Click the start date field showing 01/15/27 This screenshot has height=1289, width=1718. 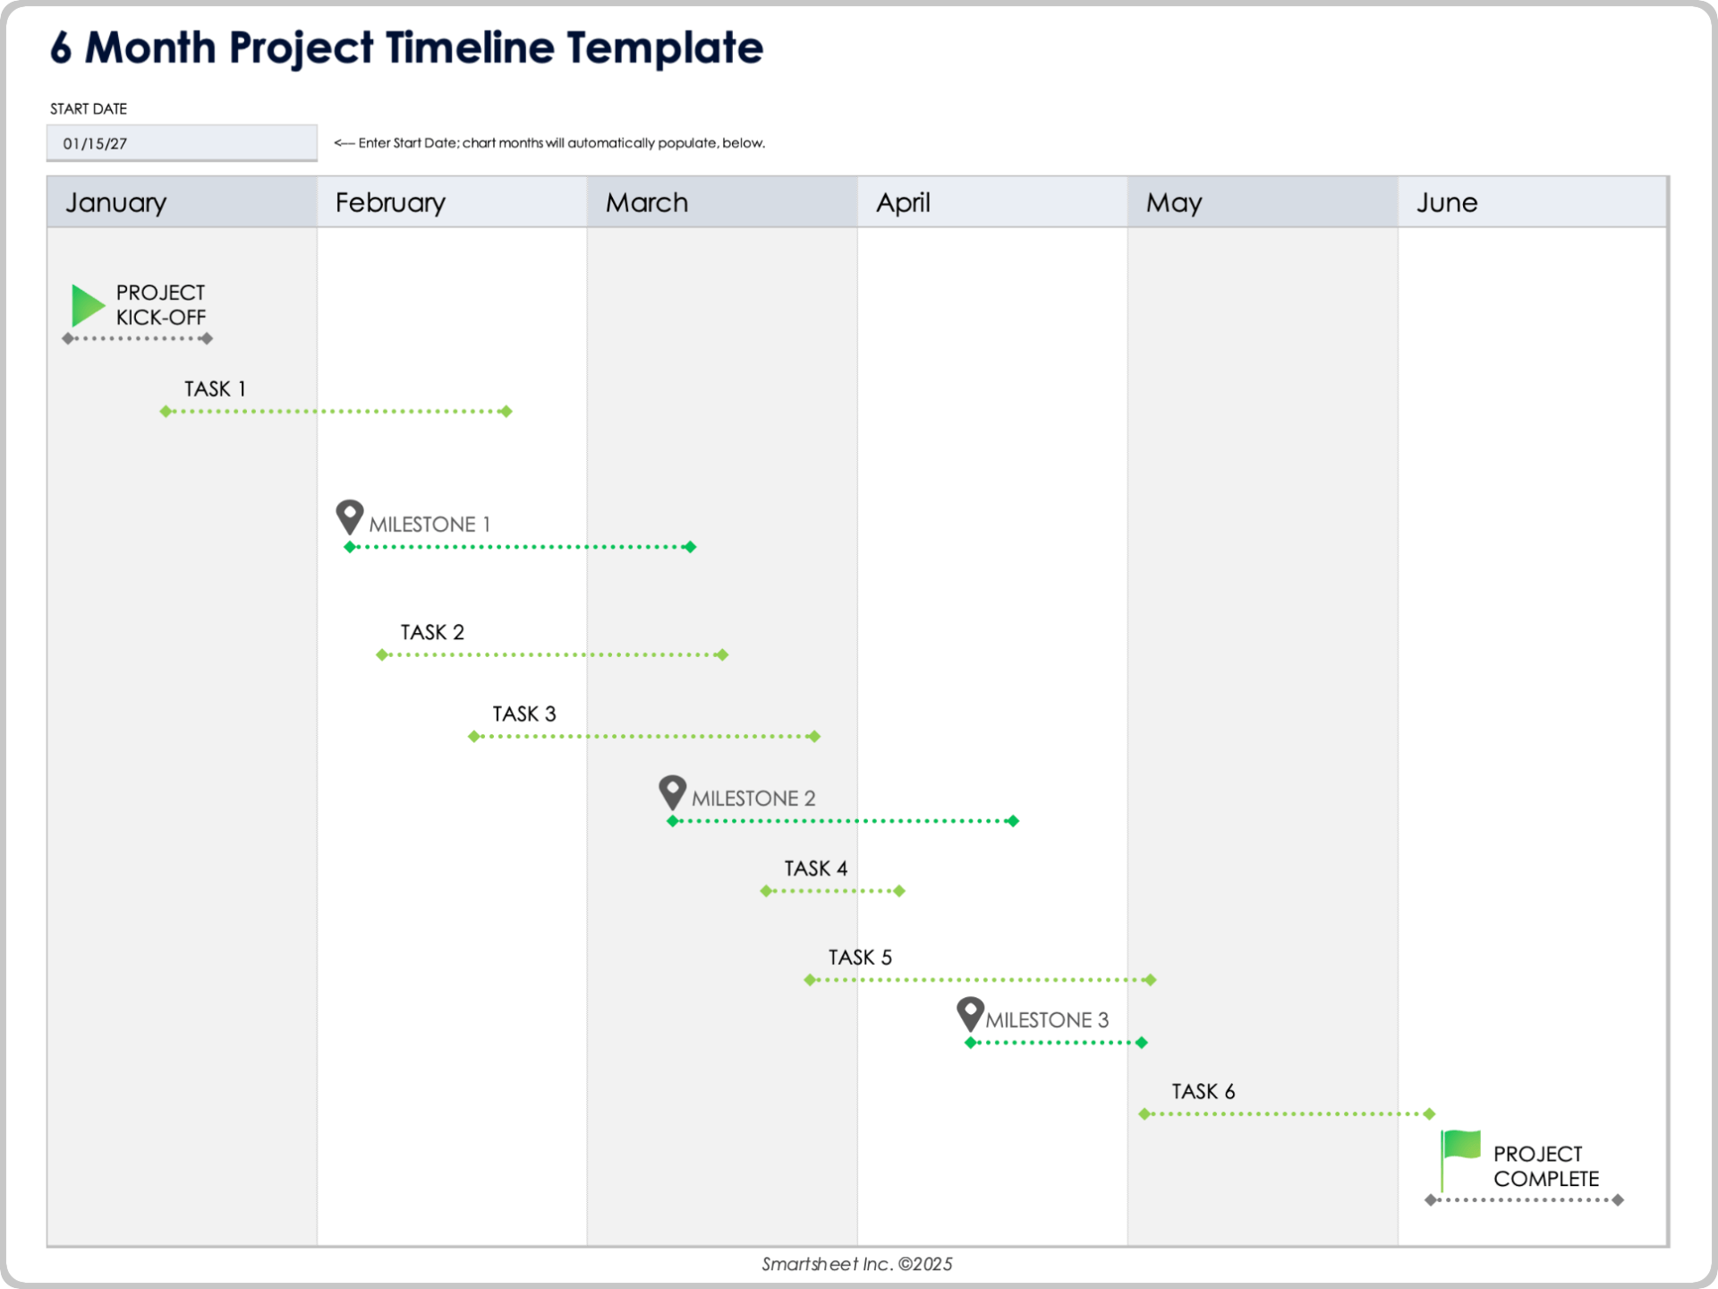click(x=182, y=143)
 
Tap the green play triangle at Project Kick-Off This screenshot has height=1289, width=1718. click(x=87, y=305)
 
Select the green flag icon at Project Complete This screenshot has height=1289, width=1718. click(x=1460, y=1147)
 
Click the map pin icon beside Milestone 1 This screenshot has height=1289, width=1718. click(x=349, y=516)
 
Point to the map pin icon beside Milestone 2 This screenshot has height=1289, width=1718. click(x=672, y=790)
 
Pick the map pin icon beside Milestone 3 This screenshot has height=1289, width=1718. click(x=970, y=1012)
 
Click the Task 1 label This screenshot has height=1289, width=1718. click(x=215, y=388)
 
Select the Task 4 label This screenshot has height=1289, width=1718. click(x=815, y=868)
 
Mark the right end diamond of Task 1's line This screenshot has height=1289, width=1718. click(x=506, y=412)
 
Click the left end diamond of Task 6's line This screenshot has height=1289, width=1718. click(x=1144, y=1114)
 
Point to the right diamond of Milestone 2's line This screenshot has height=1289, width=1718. click(x=1013, y=821)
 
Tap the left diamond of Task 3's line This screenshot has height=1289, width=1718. click(x=474, y=737)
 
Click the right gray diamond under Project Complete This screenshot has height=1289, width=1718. click(x=1618, y=1200)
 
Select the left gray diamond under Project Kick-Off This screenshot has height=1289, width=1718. click(x=68, y=338)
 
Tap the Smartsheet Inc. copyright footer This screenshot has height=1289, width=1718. click(x=856, y=1264)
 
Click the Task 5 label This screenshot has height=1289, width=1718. click(x=860, y=957)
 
